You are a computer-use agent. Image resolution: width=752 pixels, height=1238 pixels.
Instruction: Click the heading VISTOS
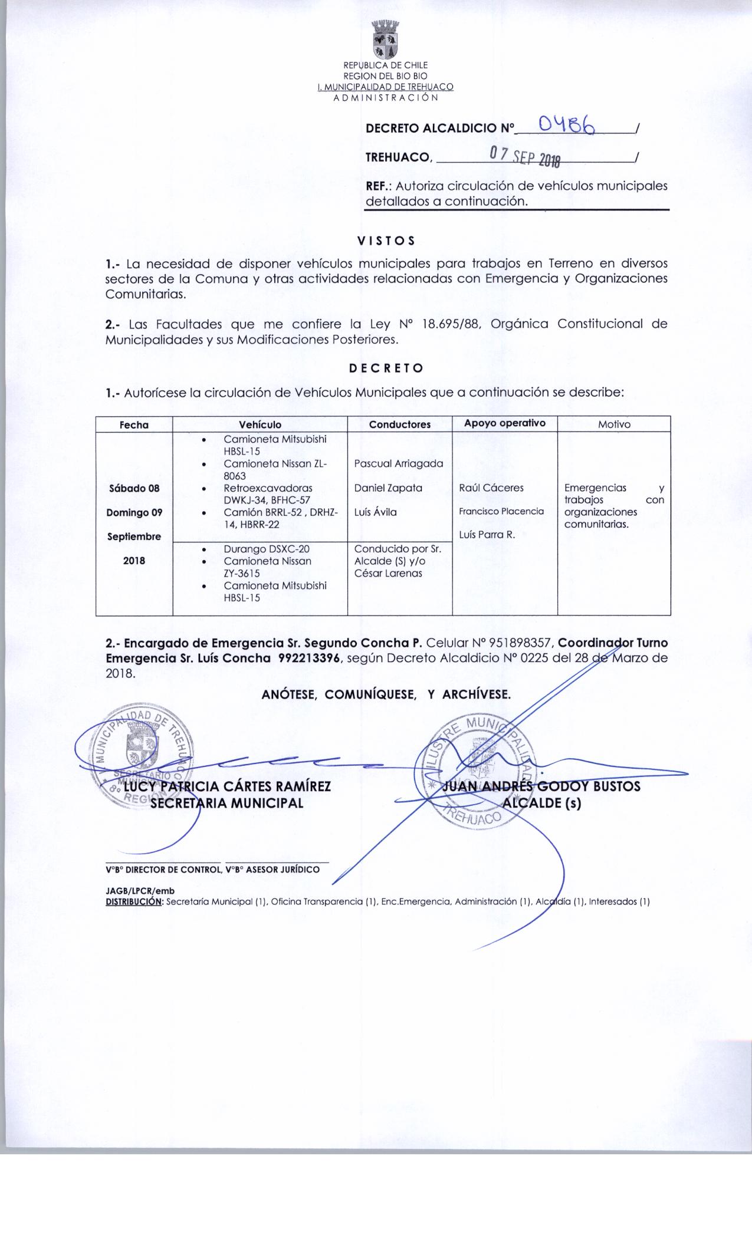coord(386,241)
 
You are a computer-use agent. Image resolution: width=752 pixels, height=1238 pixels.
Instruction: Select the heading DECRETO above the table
coord(386,368)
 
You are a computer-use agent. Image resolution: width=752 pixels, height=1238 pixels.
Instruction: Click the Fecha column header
coord(134,424)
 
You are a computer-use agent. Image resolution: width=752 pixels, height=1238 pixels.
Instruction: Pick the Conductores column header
coord(399,424)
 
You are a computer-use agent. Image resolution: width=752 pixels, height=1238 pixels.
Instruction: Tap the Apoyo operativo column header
coord(504,423)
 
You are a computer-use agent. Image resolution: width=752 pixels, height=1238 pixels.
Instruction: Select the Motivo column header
coord(614,424)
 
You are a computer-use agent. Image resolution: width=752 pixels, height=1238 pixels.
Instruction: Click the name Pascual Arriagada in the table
coord(399,464)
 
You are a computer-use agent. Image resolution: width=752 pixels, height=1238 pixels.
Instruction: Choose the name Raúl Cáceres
coord(491,488)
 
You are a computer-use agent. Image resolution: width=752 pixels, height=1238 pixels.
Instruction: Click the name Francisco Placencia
coord(501,511)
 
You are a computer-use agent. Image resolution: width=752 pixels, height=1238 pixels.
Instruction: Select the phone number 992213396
coord(310,658)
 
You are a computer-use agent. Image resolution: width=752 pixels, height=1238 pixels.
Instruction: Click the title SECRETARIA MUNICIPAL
coord(226,803)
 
